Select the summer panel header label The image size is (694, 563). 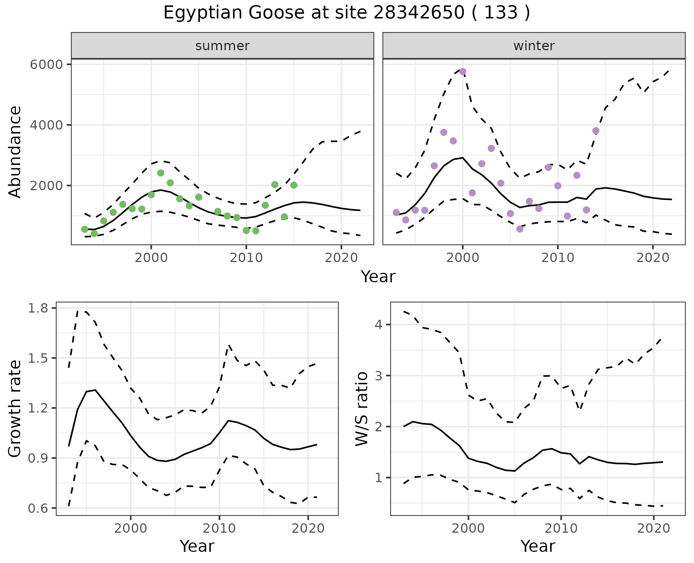point(222,46)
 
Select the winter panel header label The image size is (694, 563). point(534,46)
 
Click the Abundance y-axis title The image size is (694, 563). point(15,152)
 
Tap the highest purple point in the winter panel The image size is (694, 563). point(463,71)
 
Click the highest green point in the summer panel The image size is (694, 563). point(161,173)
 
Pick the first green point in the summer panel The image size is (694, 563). point(85,229)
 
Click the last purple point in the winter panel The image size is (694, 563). point(596,131)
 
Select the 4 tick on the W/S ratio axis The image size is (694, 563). point(378,325)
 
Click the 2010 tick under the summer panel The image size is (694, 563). point(246,258)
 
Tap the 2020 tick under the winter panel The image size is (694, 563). point(653,258)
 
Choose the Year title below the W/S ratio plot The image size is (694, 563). point(538,546)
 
